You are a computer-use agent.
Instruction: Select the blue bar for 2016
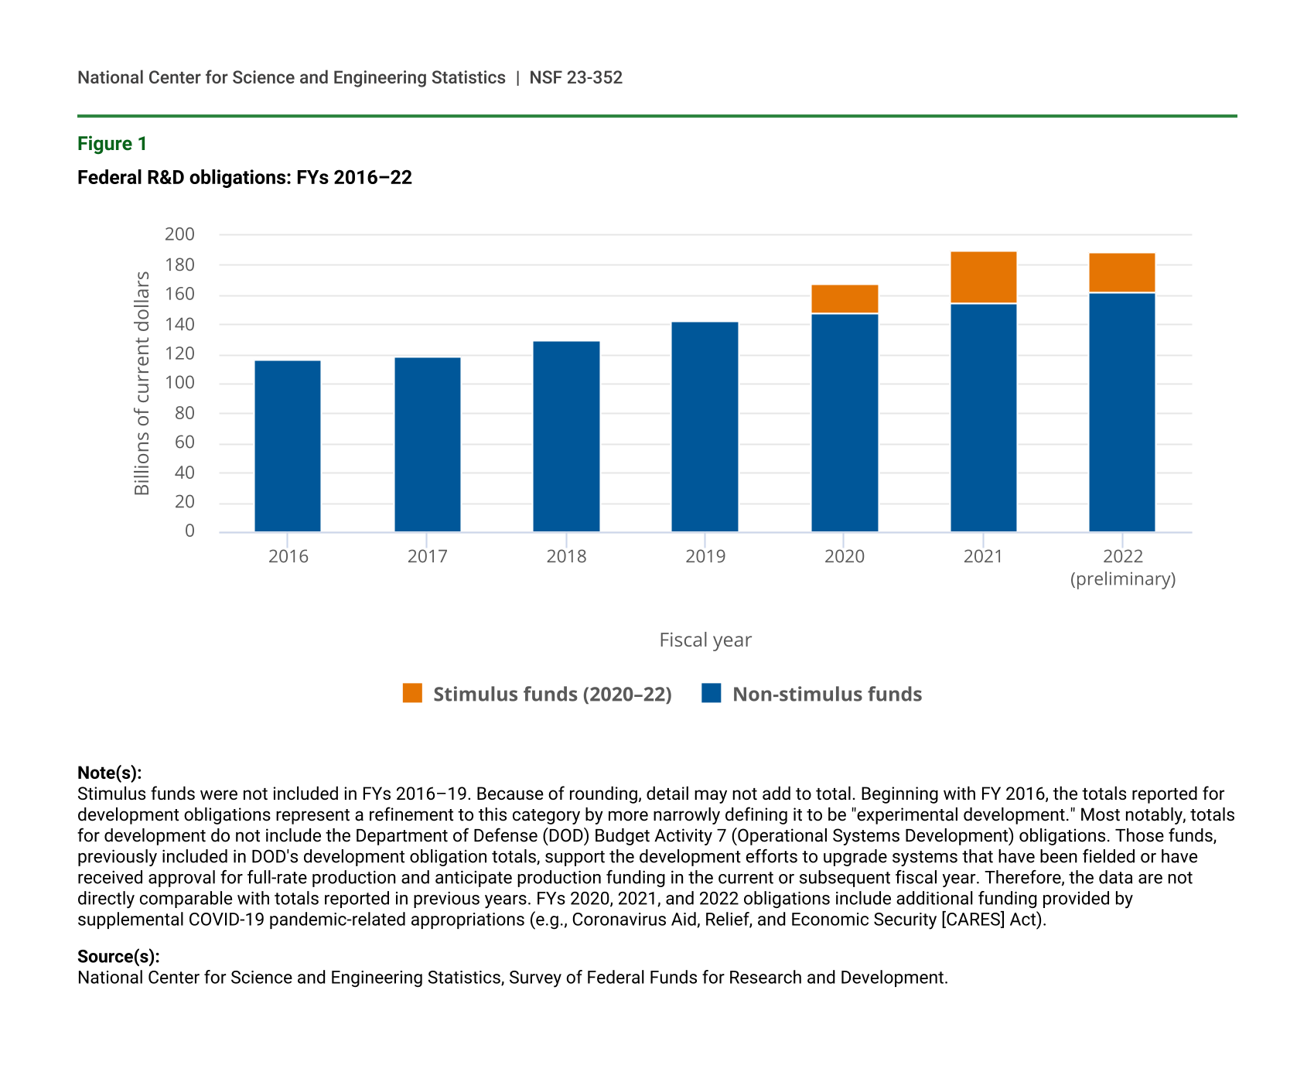(288, 446)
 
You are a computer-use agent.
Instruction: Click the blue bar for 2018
(566, 436)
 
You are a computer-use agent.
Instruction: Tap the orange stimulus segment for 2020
(845, 299)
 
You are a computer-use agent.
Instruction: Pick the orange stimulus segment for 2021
(983, 278)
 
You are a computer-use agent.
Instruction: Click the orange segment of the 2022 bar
(1121, 273)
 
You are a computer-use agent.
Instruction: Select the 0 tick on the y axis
(189, 531)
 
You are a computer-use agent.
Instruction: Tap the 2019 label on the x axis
(705, 557)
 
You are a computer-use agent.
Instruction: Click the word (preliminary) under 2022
(1122, 579)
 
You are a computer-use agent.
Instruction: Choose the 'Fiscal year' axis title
(705, 640)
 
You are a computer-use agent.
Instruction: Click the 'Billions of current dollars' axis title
(142, 383)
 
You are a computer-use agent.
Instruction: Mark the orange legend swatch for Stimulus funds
(413, 693)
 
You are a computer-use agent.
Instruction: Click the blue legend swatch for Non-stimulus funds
(712, 693)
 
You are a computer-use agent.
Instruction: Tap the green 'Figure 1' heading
(112, 144)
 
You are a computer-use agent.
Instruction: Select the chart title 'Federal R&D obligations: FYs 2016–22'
(244, 178)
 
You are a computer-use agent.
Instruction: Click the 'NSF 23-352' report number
(575, 77)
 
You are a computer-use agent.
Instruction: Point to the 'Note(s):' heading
(110, 773)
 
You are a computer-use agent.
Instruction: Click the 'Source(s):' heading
(118, 957)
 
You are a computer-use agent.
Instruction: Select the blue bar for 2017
(427, 445)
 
